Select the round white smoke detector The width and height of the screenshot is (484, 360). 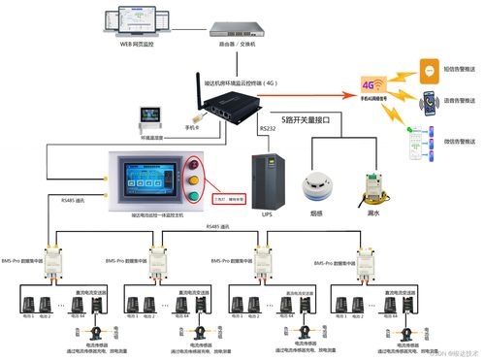click(314, 182)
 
